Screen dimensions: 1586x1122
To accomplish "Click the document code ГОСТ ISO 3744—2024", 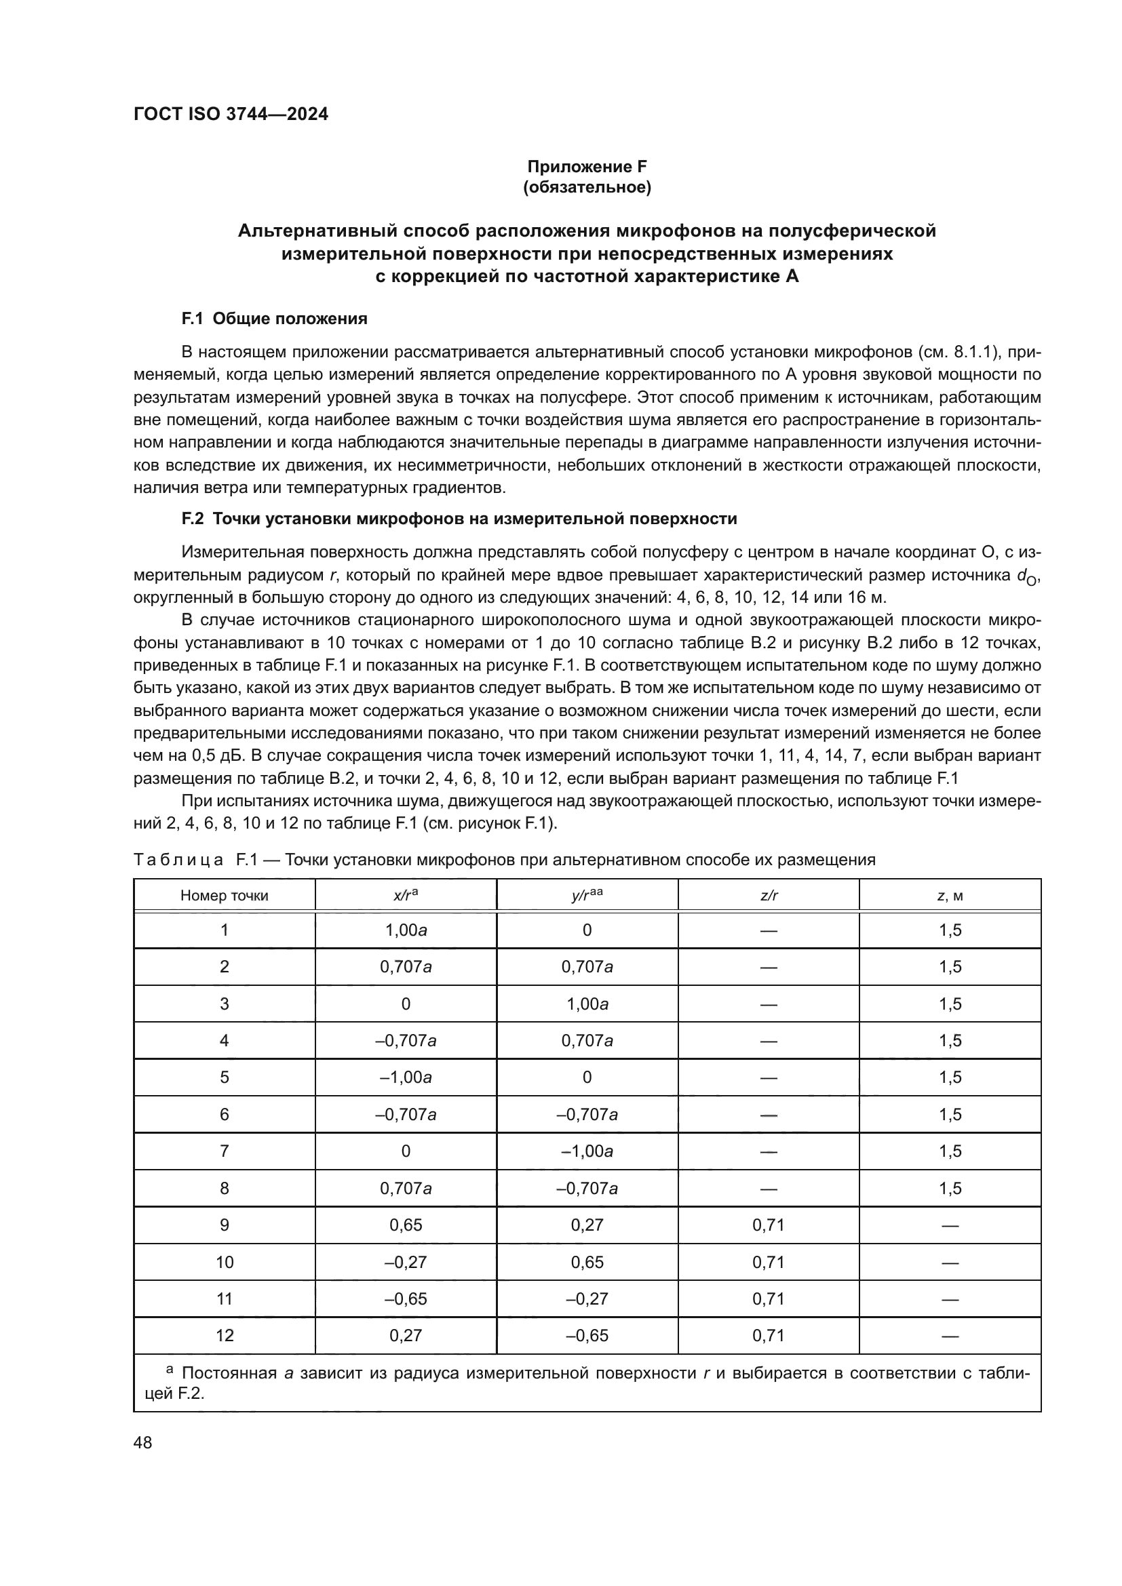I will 231,115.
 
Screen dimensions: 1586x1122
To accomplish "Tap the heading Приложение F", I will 587,167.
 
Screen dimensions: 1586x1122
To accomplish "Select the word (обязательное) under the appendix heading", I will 587,187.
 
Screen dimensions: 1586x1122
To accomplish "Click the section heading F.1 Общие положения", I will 274,319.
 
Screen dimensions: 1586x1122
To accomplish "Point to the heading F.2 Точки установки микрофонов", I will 459,518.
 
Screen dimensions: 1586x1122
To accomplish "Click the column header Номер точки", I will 224,896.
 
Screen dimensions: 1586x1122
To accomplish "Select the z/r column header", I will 769,896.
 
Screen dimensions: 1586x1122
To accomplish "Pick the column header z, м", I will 950,896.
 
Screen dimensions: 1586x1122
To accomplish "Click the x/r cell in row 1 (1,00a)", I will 406,930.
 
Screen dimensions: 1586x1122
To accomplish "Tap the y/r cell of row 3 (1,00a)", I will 587,1004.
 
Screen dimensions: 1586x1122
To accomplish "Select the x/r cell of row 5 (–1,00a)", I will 406,1077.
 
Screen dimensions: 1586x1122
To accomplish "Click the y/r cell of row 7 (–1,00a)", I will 587,1151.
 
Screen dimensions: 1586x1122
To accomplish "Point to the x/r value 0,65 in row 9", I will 406,1225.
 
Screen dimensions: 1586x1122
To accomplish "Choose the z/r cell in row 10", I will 769,1262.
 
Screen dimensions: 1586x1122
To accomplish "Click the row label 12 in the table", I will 225,1335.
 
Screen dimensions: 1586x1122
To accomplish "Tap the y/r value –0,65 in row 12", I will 587,1335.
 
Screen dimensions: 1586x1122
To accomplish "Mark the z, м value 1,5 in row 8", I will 950,1188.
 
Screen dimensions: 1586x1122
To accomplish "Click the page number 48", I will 143,1442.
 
